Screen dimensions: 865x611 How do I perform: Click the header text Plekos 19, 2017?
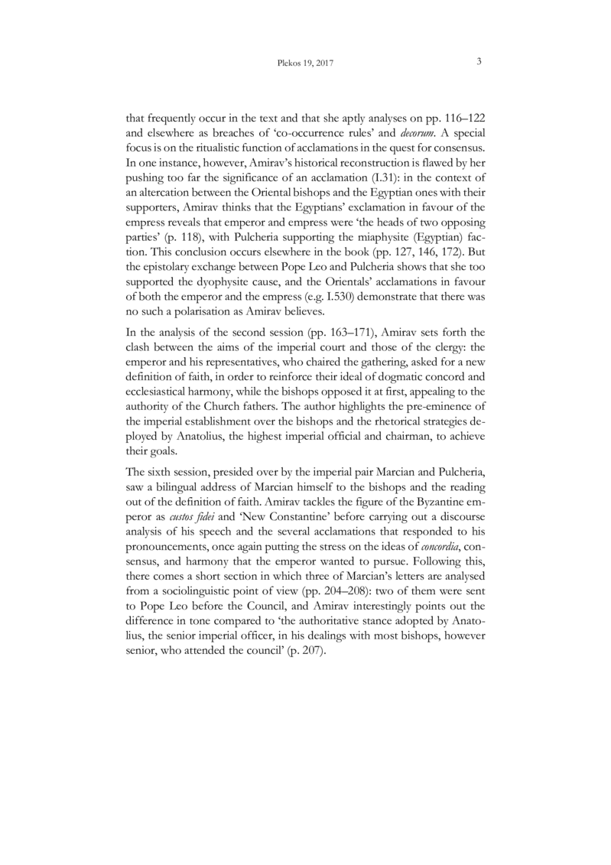[305, 63]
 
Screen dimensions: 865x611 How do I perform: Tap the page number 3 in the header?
[478, 63]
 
